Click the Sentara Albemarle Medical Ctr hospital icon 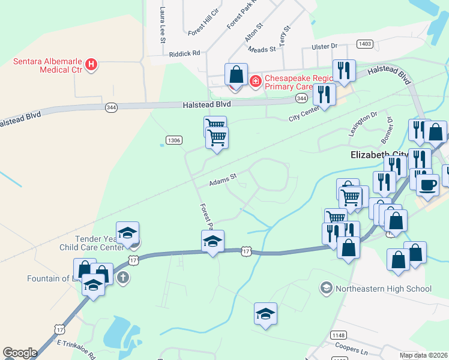pos(91,64)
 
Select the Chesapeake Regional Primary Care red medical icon pos(255,80)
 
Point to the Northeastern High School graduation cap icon pos(326,289)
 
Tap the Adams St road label pos(224,180)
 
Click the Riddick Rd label pos(184,53)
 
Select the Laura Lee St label pos(162,25)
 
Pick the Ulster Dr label pos(325,46)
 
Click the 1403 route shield pos(364,44)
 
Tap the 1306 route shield pos(174,140)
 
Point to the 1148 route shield pos(337,335)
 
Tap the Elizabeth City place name pos(378,154)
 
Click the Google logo pos(19,353)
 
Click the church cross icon pos(123,277)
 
